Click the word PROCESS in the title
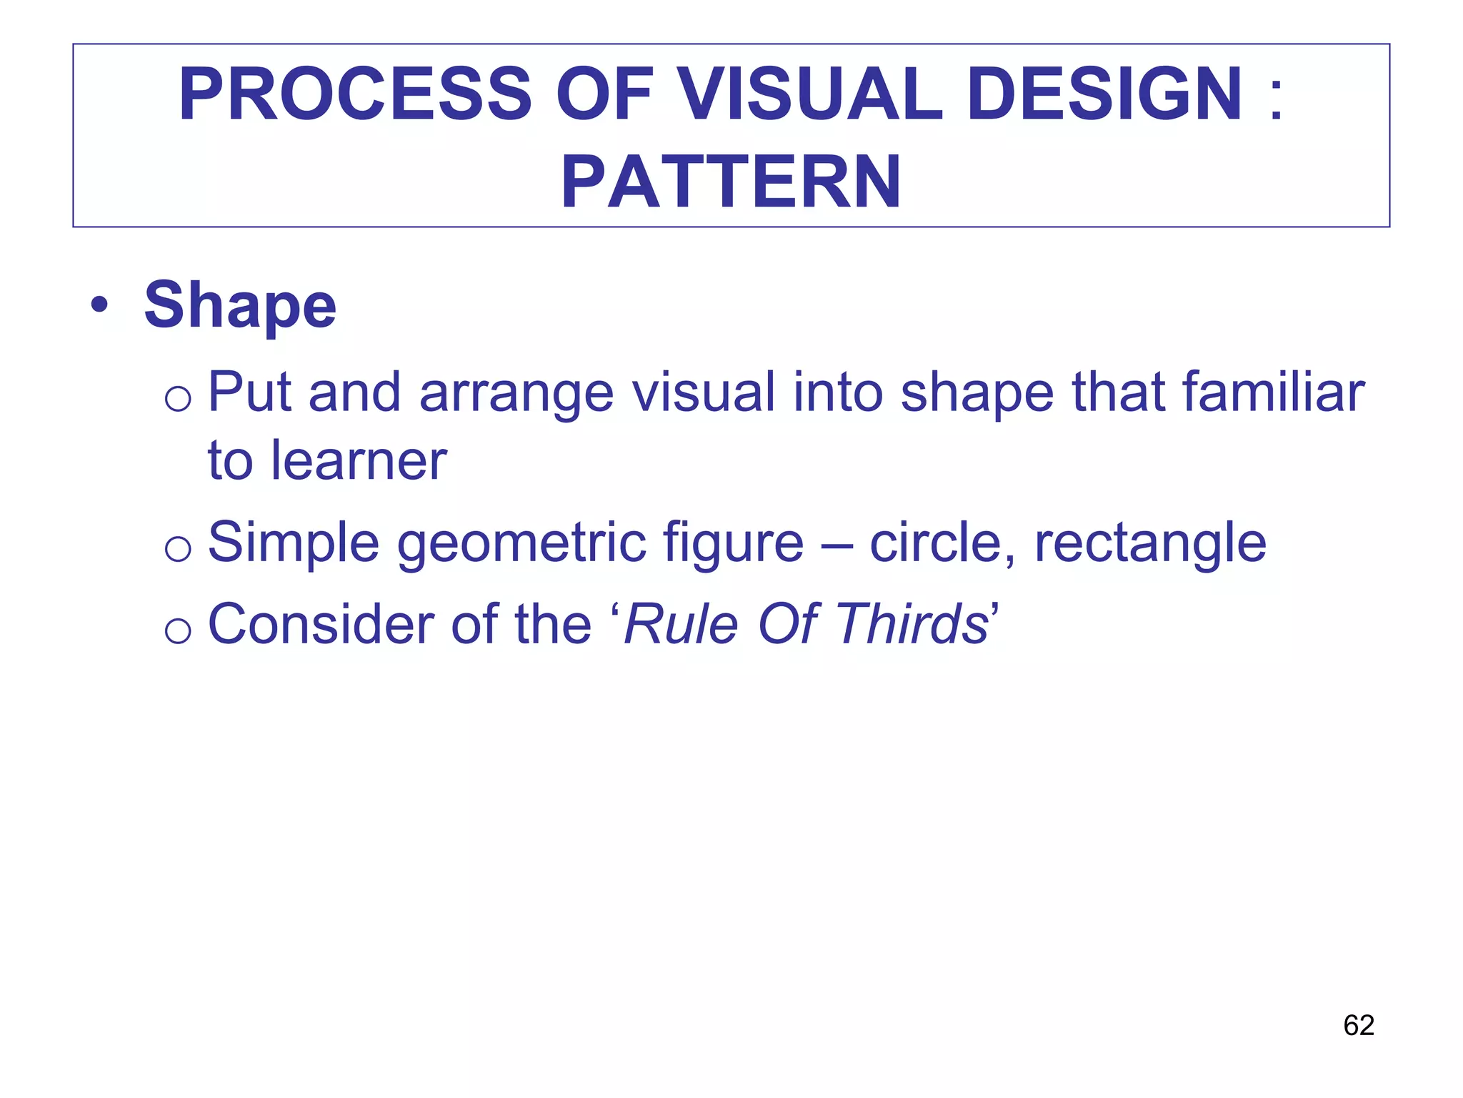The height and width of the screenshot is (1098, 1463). pos(355,95)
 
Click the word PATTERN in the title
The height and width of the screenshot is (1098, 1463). pos(731,183)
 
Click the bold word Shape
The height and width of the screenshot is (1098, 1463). pos(240,305)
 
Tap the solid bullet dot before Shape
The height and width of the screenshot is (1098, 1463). pos(99,306)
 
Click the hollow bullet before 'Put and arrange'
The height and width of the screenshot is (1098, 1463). pos(178,398)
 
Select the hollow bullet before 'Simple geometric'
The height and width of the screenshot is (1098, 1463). pos(178,549)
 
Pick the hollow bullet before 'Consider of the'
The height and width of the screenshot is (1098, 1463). pos(178,630)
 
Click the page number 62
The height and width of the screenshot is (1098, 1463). pos(1359,1025)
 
